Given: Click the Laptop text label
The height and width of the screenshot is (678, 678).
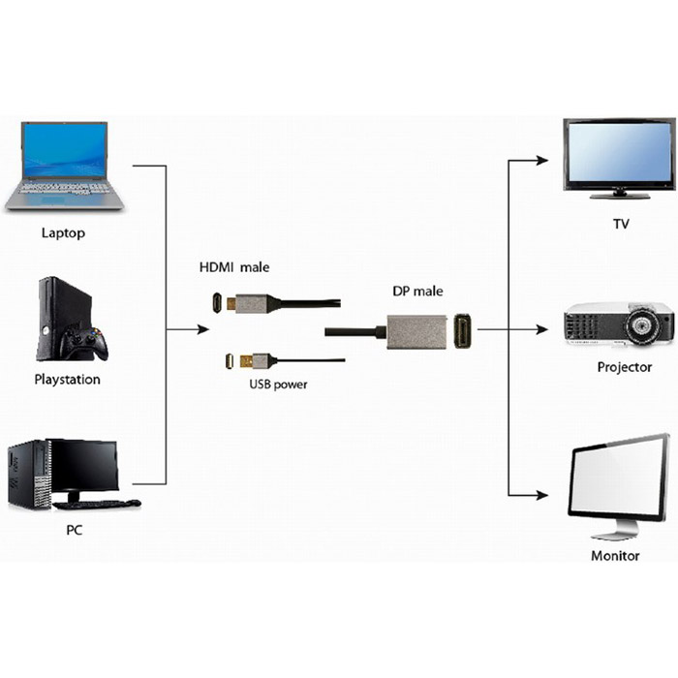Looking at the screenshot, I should (63, 232).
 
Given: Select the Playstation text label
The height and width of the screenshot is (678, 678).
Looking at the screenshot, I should (67, 380).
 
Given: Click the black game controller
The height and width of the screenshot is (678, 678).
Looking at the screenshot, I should (82, 342).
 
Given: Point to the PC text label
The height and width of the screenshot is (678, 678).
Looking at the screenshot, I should (74, 531).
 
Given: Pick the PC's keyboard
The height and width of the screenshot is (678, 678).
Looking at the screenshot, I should (97, 505).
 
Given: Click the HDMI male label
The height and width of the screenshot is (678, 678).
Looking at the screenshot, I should (234, 267).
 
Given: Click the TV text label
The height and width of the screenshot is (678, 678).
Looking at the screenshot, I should (621, 225).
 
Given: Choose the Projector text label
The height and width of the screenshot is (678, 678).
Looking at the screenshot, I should (624, 367).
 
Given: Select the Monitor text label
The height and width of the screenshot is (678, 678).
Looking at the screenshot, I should (615, 556).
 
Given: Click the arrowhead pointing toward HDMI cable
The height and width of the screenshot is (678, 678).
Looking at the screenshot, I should (202, 329).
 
